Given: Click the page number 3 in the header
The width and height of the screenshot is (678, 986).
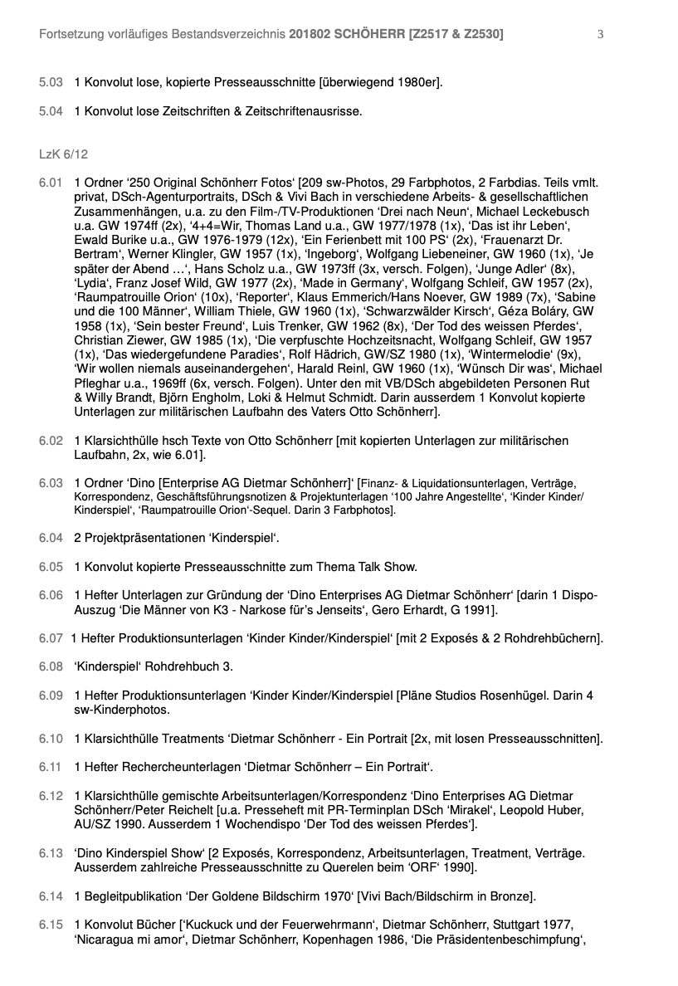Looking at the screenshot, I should point(600,34).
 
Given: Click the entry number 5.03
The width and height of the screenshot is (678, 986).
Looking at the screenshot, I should point(51,82).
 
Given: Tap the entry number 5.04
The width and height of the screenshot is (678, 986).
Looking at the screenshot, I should point(51,110).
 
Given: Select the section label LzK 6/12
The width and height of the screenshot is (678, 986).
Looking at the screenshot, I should point(63,154).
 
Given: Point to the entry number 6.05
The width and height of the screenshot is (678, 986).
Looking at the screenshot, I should point(51,567).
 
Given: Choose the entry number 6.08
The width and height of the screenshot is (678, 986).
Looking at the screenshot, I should point(51,666).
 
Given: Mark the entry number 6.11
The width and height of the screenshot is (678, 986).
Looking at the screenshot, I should point(51,767).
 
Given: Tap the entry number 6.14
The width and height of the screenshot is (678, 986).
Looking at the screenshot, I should point(51,896).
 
